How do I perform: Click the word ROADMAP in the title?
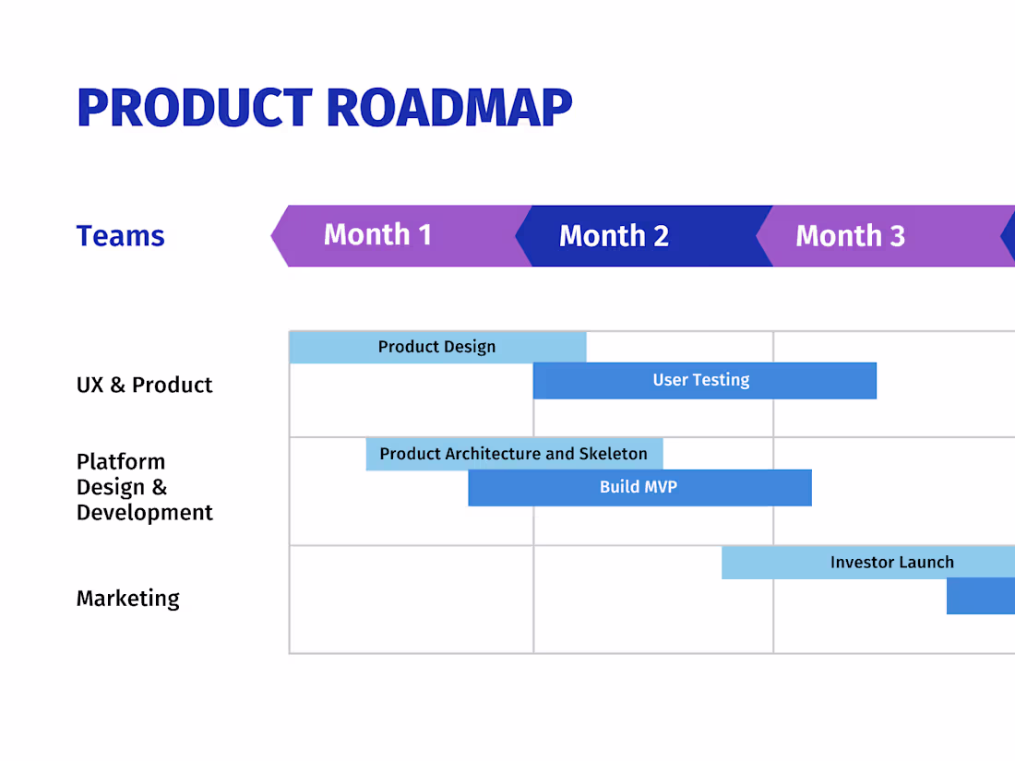pos(449,107)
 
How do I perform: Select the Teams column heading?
pos(120,236)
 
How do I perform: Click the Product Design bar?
pos(436,347)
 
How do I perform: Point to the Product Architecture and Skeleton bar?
pos(513,454)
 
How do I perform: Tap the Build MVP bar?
pos(639,487)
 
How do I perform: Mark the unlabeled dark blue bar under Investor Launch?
pos(981,596)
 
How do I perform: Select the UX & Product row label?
pos(144,385)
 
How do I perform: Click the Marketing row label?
pos(127,599)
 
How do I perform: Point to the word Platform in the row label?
pos(121,461)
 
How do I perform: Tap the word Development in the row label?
pos(145,513)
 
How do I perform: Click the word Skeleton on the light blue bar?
pos(613,454)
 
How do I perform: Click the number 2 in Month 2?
pos(660,236)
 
